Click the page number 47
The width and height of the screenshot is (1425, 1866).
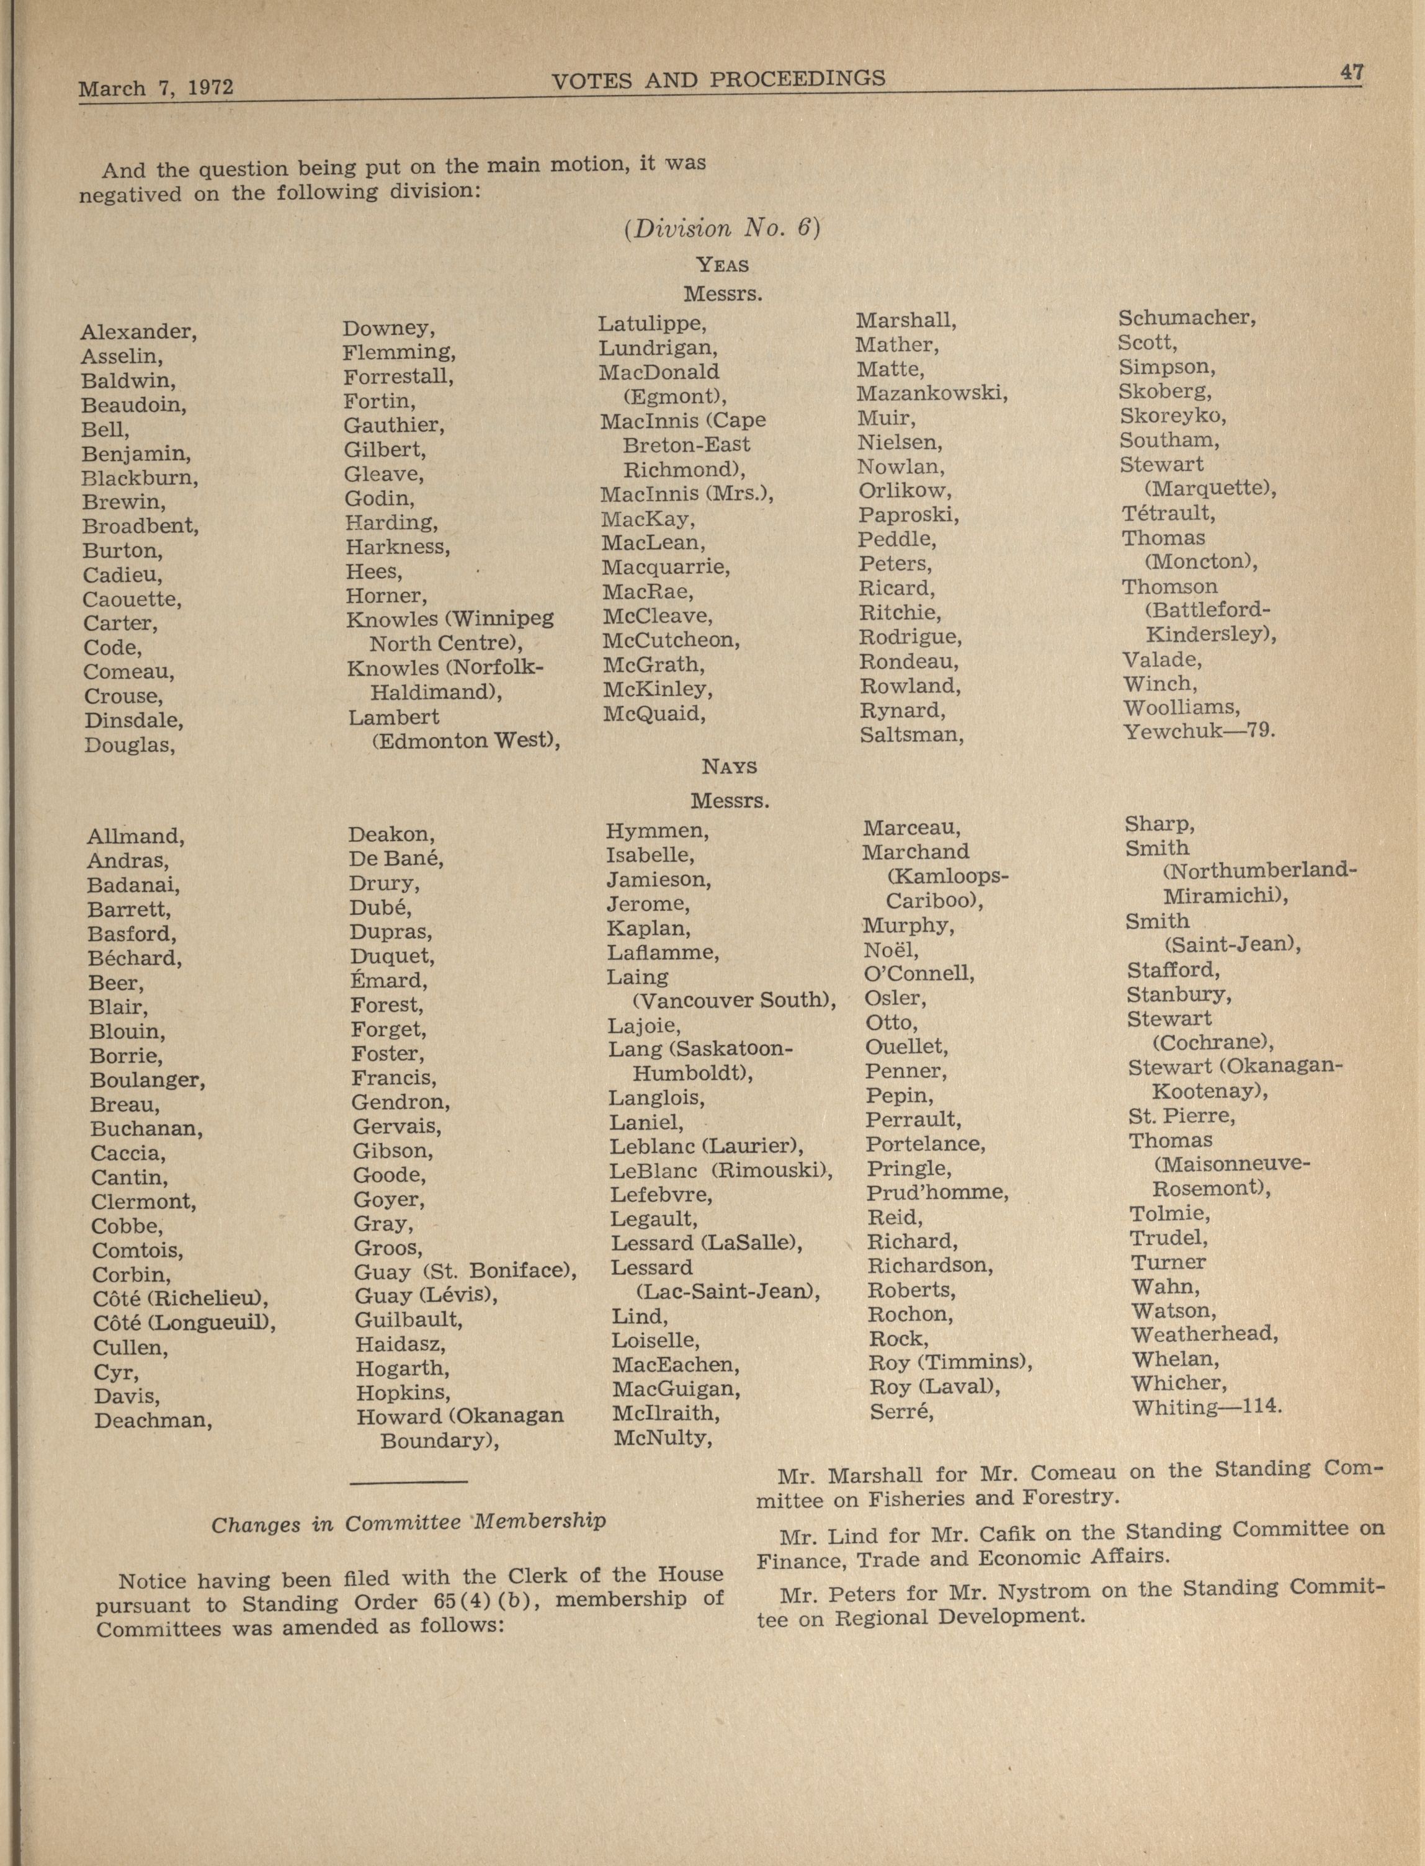1351,74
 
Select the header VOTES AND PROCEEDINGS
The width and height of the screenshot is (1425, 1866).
718,80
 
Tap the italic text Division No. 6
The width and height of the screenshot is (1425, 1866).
722,229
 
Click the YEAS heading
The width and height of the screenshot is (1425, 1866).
722,266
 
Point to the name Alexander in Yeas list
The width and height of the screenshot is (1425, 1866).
138,332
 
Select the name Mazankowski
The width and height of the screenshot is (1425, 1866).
931,393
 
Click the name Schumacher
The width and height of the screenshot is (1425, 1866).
1186,319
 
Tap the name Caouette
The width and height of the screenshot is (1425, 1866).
132,600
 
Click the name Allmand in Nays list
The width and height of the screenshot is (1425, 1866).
135,836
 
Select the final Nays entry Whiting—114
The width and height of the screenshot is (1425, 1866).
1205,1407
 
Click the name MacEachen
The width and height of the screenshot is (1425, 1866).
675,1365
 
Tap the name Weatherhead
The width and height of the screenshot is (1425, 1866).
1204,1334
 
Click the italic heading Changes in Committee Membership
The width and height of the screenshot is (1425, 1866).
408,1522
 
